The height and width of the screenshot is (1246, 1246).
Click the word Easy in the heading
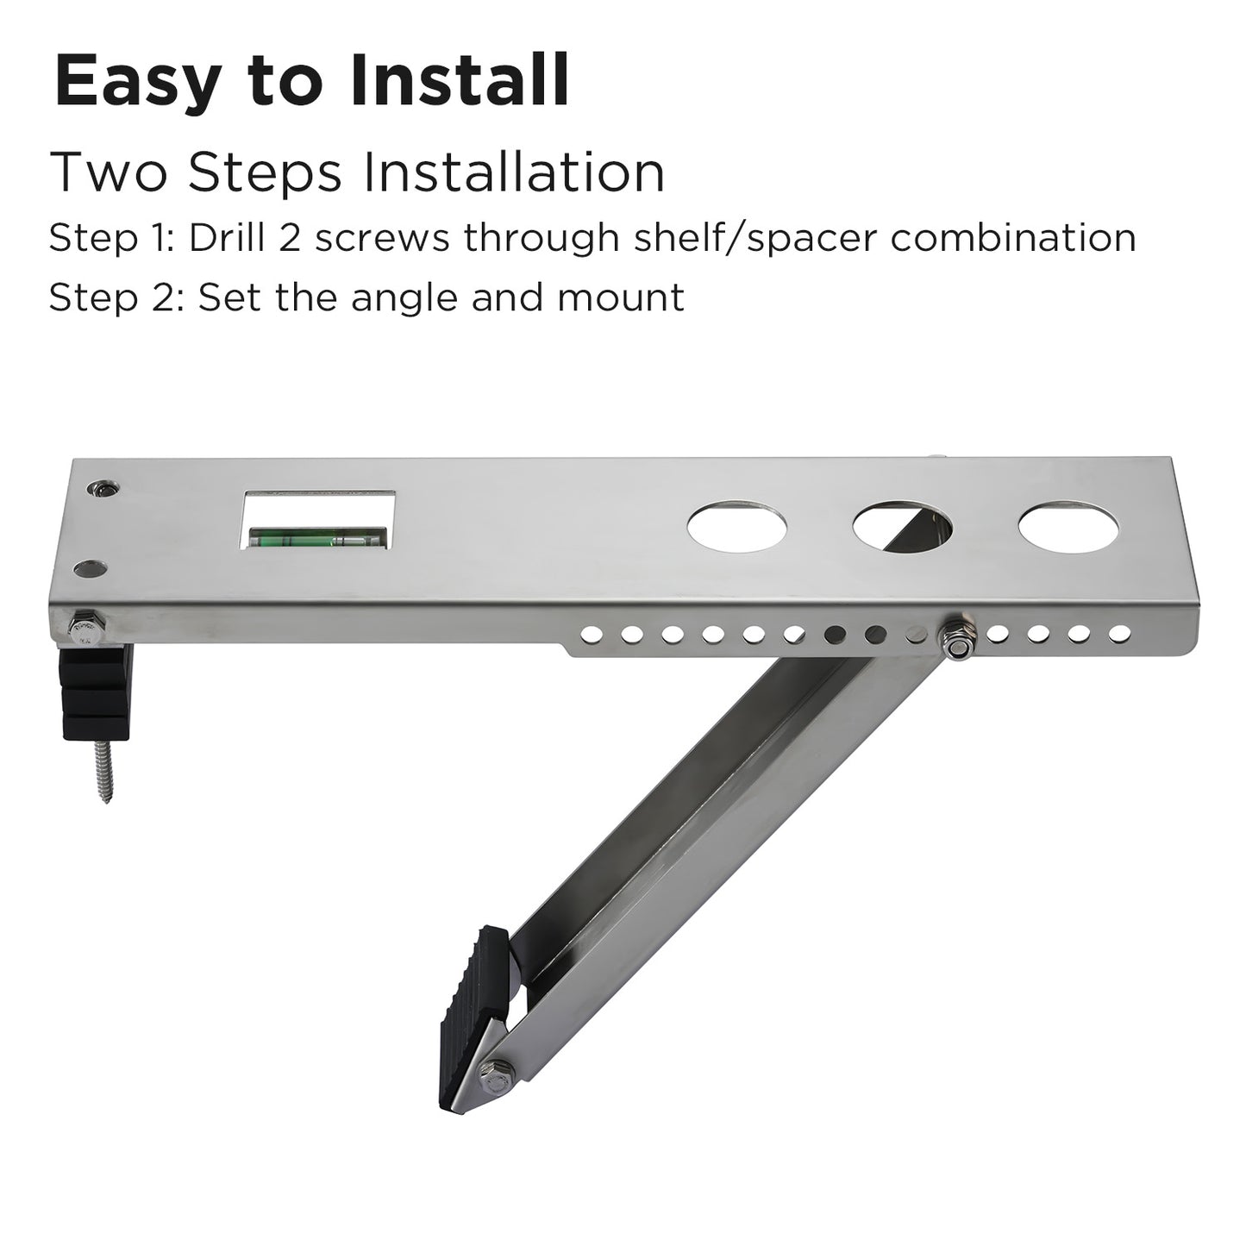(135, 82)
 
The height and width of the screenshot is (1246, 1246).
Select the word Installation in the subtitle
(514, 172)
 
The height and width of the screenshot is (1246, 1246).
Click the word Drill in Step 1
(227, 237)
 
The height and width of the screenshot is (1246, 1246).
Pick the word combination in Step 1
(1013, 237)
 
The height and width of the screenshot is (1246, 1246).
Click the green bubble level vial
(317, 536)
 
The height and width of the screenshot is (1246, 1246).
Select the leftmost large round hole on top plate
(736, 526)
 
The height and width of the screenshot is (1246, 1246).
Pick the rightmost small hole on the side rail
(1118, 633)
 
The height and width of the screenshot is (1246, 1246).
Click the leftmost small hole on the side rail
(591, 635)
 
